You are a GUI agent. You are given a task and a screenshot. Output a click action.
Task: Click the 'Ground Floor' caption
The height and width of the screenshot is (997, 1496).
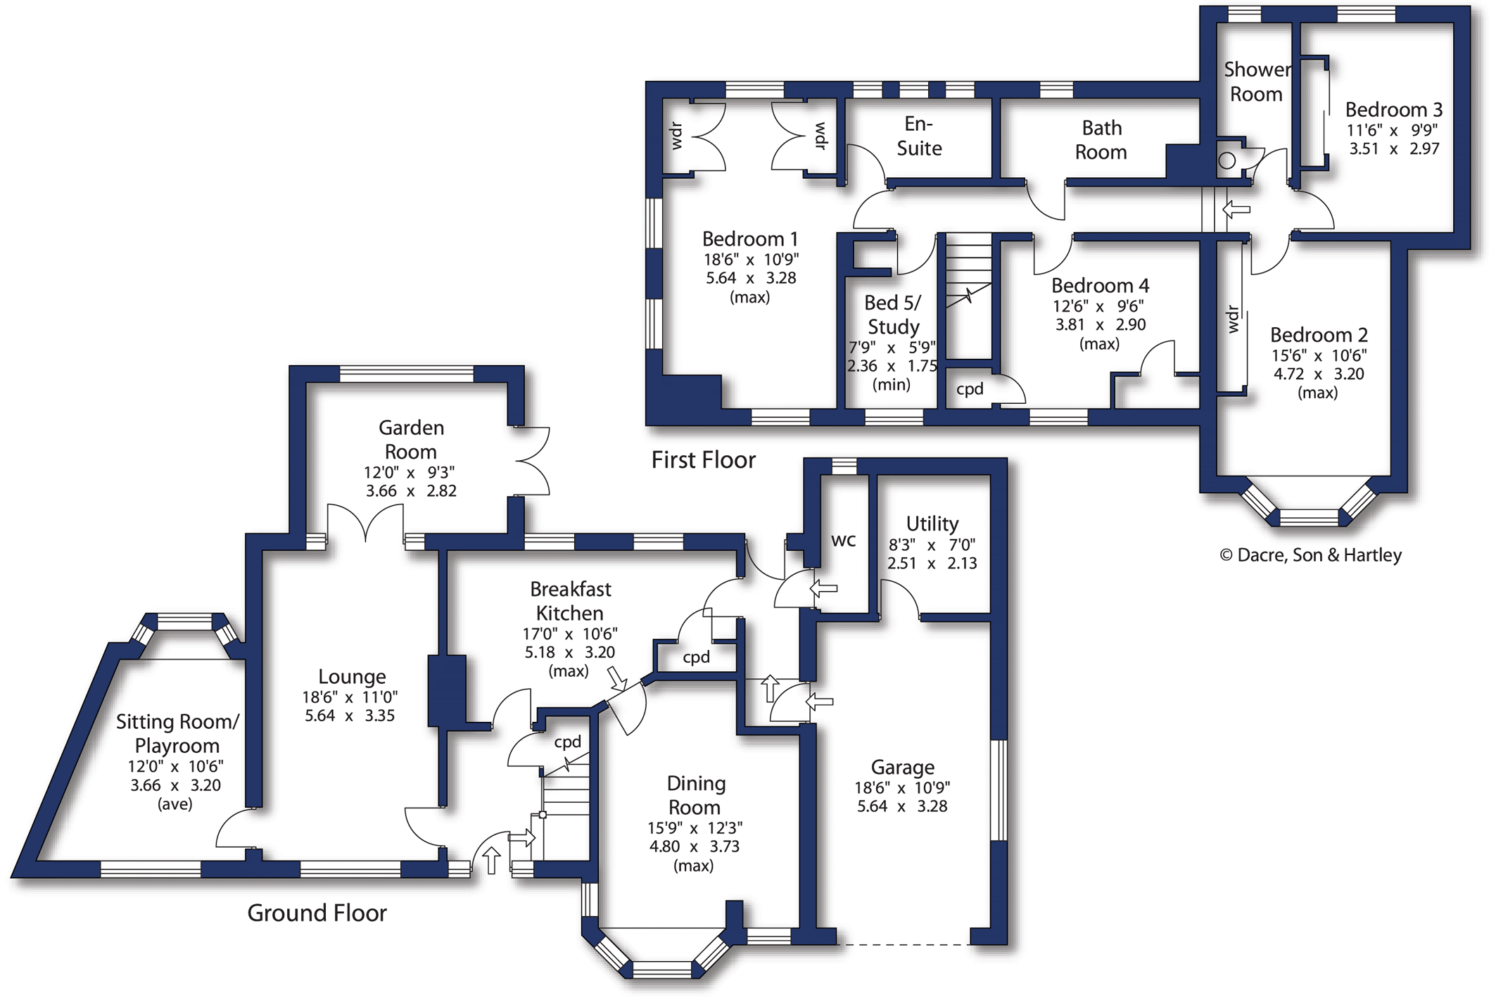317,913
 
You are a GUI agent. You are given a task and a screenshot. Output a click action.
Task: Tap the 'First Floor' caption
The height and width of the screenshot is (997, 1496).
703,460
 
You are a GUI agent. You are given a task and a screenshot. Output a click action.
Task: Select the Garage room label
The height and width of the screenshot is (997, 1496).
903,768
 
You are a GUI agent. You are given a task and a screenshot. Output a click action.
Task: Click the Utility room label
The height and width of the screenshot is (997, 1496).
932,523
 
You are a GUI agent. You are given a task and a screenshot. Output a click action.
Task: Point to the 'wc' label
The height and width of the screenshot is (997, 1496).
844,540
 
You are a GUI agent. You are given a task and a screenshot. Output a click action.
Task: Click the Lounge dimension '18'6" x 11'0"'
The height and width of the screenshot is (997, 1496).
350,697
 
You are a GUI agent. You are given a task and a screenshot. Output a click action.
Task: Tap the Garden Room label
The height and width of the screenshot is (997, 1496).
411,440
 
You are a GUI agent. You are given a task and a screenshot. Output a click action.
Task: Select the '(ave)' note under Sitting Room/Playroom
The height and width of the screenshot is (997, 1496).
175,804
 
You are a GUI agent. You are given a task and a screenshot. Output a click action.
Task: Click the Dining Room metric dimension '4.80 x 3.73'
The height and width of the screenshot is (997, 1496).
694,846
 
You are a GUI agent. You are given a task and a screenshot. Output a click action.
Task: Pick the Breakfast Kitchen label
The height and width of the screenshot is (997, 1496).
570,601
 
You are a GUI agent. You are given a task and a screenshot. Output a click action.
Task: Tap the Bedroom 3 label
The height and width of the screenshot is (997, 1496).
1393,110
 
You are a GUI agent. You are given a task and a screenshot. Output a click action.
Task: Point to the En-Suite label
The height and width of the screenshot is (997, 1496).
919,136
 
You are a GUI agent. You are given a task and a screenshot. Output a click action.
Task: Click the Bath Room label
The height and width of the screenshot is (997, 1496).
1101,140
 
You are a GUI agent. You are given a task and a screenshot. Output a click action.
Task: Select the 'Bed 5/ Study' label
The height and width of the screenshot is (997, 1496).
893,315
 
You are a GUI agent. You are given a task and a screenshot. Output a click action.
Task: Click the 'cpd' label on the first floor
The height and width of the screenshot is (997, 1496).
970,389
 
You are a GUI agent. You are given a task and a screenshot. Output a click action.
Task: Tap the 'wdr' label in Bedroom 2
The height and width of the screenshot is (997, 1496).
1232,319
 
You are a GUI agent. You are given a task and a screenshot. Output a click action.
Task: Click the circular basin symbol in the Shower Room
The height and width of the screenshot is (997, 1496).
1226,160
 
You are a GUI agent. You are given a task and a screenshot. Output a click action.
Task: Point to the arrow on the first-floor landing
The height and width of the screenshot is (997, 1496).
1236,209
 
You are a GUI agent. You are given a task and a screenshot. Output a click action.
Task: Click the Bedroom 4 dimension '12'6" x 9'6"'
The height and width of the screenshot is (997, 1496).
1098,306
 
